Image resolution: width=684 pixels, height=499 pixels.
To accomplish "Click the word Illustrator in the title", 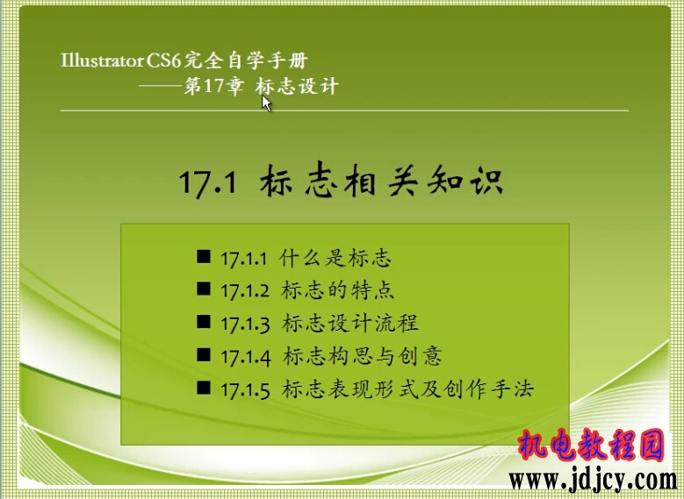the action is click(102, 61).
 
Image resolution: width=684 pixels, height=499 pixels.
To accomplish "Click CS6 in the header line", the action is click(163, 61).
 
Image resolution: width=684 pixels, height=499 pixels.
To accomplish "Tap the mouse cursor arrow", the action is click(267, 103).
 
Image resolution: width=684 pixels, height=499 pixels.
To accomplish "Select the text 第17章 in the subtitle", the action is click(213, 86).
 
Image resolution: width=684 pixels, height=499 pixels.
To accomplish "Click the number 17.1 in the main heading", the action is click(208, 182).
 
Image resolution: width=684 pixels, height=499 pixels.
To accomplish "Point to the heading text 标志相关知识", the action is click(382, 180).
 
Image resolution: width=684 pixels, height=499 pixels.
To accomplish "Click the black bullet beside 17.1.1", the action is click(204, 256).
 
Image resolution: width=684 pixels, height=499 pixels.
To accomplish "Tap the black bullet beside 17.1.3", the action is click(204, 322).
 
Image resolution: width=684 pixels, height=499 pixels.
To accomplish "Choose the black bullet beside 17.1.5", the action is click(204, 387).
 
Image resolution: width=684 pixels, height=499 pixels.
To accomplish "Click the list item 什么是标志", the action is click(335, 258).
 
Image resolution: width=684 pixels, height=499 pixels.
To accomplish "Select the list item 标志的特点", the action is click(338, 290).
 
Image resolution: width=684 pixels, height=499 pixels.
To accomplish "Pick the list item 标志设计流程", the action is click(349, 323).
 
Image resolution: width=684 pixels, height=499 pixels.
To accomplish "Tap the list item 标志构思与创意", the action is click(362, 356).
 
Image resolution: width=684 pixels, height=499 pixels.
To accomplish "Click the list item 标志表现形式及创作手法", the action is click(407, 389).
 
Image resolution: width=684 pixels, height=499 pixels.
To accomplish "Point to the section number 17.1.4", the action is click(246, 357).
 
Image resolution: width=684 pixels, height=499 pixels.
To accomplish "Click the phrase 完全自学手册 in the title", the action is click(246, 61).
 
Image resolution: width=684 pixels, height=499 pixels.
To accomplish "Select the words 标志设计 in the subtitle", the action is click(297, 86).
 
